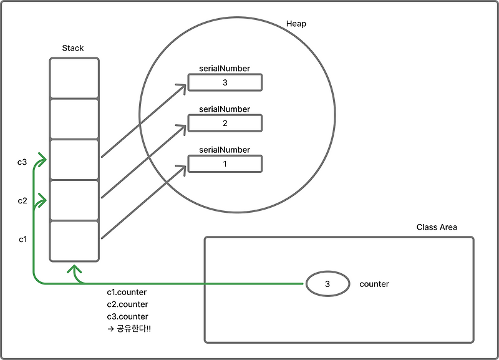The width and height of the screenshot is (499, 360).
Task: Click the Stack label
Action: [x=73, y=48]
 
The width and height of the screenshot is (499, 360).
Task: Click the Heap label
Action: [x=296, y=24]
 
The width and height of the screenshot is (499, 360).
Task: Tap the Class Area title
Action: [x=437, y=227]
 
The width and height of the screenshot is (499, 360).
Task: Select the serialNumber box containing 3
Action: [x=225, y=82]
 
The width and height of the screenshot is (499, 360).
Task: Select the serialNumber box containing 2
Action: [x=225, y=124]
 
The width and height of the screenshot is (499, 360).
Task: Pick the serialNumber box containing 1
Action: [x=225, y=164]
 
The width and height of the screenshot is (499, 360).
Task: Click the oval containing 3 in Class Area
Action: [x=327, y=284]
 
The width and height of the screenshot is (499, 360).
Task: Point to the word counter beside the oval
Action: [x=374, y=284]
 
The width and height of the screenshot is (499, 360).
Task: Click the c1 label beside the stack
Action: [x=22, y=240]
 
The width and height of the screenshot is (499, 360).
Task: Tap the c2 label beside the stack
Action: [x=22, y=201]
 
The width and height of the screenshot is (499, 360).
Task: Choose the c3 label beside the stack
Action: [x=22, y=162]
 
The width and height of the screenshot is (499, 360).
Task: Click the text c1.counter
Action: [x=127, y=292]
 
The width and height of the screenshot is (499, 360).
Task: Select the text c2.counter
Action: [x=127, y=304]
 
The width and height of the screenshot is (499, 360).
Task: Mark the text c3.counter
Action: [x=127, y=316]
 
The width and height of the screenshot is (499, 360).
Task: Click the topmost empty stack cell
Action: [x=74, y=78]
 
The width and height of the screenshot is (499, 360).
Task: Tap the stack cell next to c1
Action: [x=74, y=241]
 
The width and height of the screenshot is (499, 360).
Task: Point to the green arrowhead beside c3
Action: [x=42, y=160]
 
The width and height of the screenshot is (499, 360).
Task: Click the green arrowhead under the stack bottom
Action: [x=75, y=270]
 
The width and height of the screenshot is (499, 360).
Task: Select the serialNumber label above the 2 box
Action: [x=225, y=109]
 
